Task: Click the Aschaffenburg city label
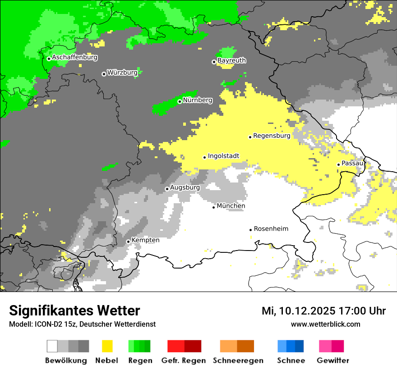[74, 57]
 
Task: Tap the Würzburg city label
[122, 73]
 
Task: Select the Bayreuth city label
[231, 60]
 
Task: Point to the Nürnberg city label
[197, 100]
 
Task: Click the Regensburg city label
[272, 135]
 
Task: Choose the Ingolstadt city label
[223, 156]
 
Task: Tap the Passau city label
[352, 163]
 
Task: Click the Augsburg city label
[185, 187]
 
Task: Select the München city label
[231, 206]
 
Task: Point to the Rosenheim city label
[271, 229]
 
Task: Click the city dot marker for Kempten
[128, 242]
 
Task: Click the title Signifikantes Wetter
[74, 310]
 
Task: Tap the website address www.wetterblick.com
[325, 324]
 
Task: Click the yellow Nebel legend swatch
[107, 346]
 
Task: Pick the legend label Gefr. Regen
[184, 360]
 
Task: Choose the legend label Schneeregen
[238, 360]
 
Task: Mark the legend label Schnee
[291, 360]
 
